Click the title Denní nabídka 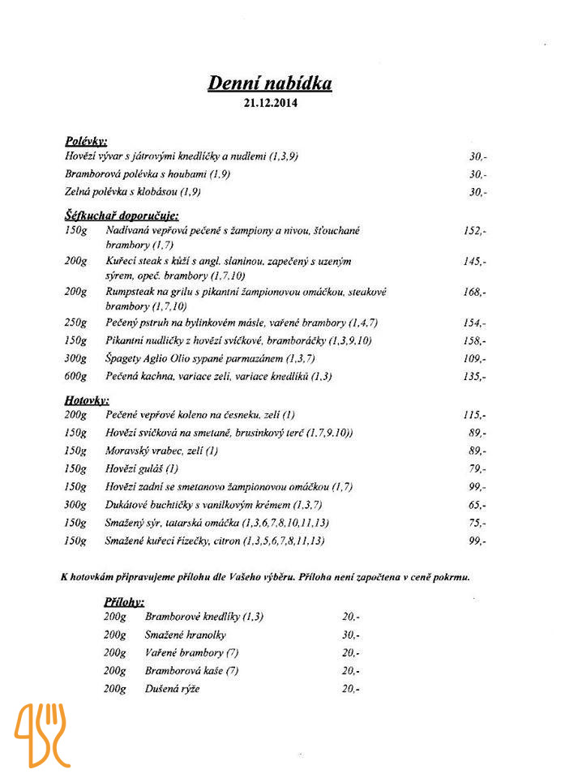click(270, 83)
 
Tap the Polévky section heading click(86, 141)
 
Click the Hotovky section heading click(87, 400)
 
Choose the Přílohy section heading click(124, 602)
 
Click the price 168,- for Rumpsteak click(475, 292)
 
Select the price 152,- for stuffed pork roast click(475, 231)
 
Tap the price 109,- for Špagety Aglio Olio click(475, 358)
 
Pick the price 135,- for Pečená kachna click(475, 377)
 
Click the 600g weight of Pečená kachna click(75, 377)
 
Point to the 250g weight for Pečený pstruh click(75, 323)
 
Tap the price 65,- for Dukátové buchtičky click(477, 505)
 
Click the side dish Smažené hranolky click(186, 635)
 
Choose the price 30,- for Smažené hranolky click(351, 635)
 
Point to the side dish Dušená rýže click(172, 689)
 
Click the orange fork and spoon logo click(42, 734)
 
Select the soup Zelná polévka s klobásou click(133, 192)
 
